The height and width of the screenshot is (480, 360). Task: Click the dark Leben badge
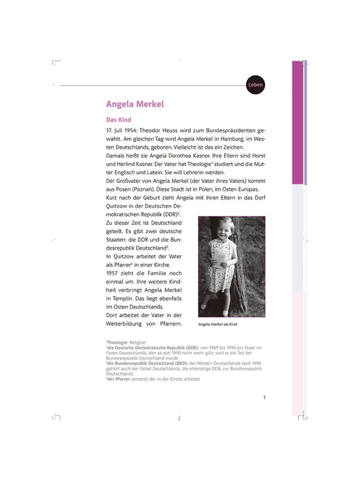coord(255,85)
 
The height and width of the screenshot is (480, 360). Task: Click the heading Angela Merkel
coord(135,104)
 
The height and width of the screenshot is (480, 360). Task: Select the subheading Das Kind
coord(119,120)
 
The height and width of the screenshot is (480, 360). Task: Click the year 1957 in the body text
coord(115,273)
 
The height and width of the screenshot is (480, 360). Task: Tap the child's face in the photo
coord(225,228)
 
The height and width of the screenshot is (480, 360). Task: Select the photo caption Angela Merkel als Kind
coord(217,324)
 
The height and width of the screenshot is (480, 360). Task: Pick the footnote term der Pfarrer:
coord(118,379)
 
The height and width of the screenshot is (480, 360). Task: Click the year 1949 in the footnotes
coord(213,348)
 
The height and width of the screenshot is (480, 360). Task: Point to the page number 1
coord(264,397)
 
